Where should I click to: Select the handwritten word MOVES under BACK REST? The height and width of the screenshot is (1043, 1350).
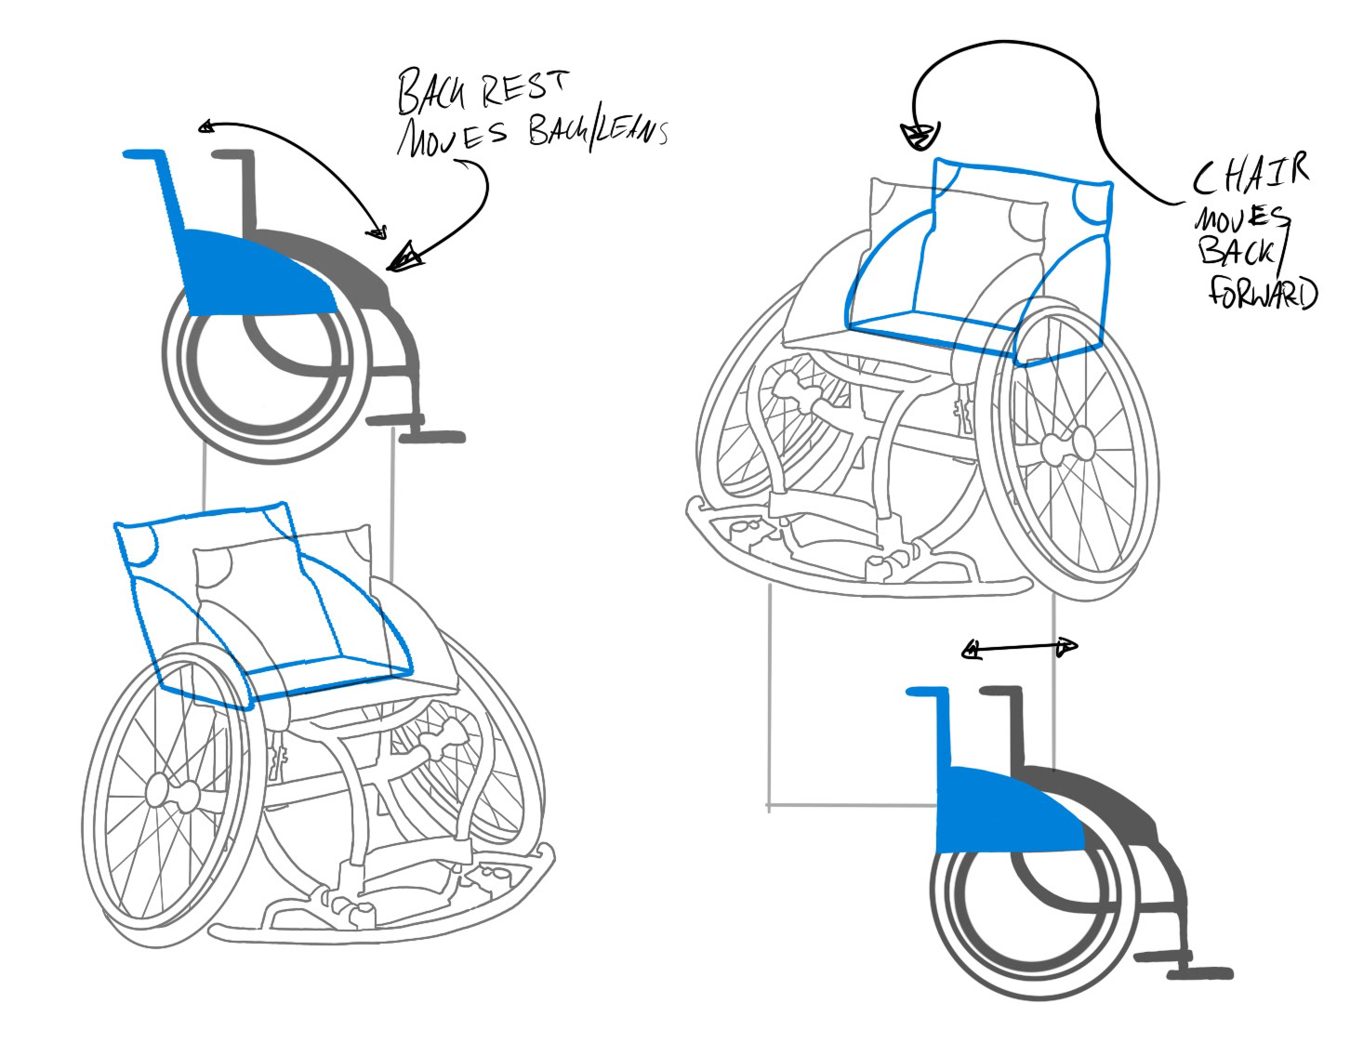pos(452,136)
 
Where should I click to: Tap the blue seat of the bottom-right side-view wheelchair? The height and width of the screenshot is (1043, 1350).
pos(1004,808)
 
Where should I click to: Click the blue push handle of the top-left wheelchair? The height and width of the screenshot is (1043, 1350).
pos(144,155)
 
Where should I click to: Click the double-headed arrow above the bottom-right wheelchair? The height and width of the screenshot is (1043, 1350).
pos(1019,649)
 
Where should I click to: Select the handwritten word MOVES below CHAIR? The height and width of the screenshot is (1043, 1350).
pos(1240,220)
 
